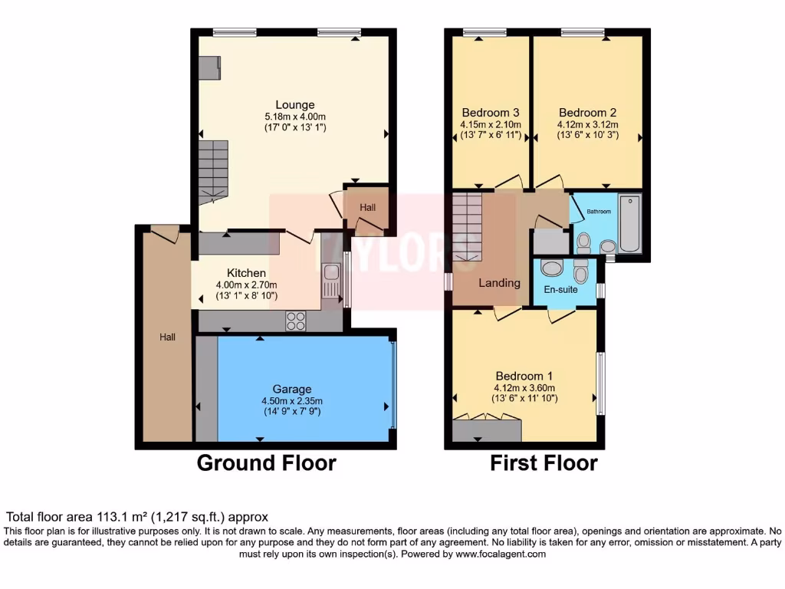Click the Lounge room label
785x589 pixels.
pos(295,105)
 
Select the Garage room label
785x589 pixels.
pos(292,389)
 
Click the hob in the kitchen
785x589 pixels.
pos(296,321)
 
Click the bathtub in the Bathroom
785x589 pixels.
pos(629,223)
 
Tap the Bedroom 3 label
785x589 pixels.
pos(490,112)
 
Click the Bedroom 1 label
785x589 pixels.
pos(524,376)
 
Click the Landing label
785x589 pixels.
pos(499,283)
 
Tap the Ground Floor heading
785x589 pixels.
pos(266,463)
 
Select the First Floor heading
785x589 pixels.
pos(544,463)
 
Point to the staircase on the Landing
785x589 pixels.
pos(467,226)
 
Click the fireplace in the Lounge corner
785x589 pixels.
pos(209,68)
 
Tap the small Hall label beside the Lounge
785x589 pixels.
pos(368,207)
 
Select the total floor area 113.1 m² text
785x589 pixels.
pos(137,517)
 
